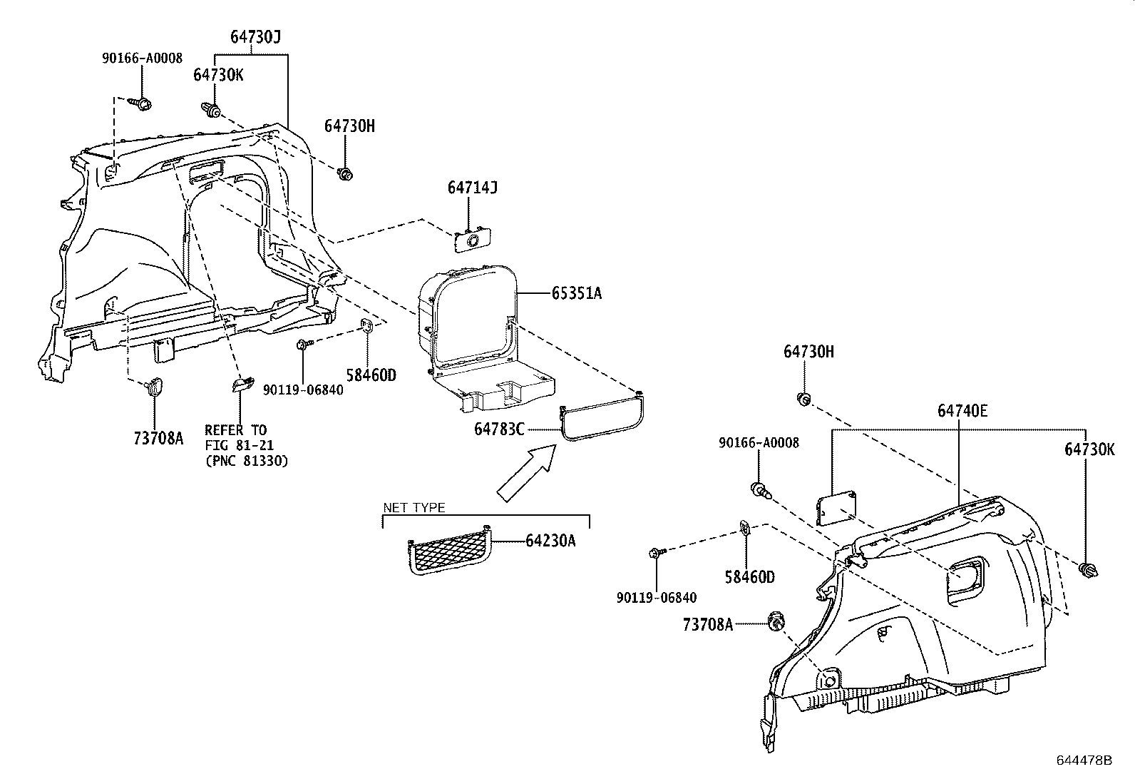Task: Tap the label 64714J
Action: (x=472, y=188)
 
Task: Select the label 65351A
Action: (x=576, y=293)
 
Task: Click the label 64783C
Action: (x=499, y=429)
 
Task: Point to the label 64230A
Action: (x=550, y=541)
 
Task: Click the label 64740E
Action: (x=962, y=411)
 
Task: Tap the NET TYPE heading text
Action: (x=414, y=508)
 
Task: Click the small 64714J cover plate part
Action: (x=473, y=240)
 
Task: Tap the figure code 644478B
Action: (x=1084, y=760)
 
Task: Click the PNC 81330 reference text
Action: (x=246, y=461)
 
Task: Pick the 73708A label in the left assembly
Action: (x=158, y=438)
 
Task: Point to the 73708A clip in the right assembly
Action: (x=776, y=623)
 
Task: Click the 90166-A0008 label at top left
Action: (x=141, y=58)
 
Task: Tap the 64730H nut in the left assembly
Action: (x=345, y=174)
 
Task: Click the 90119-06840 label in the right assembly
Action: (x=657, y=598)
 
